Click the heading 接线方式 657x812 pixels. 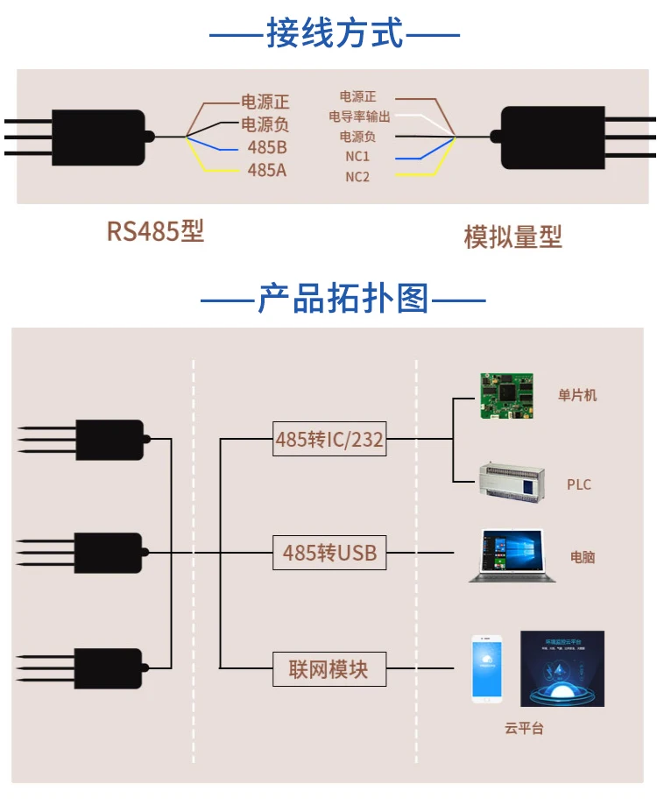click(x=335, y=35)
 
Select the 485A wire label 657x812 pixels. click(x=267, y=170)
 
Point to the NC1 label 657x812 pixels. click(x=357, y=157)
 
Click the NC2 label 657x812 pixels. click(x=357, y=177)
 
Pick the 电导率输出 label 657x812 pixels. click(x=359, y=117)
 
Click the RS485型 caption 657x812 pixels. click(x=155, y=231)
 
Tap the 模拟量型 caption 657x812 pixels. click(x=512, y=237)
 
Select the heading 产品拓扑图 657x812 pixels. click(x=343, y=300)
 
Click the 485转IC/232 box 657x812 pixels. click(x=329, y=439)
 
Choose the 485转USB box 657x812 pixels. click(x=329, y=553)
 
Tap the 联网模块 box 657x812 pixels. click(x=328, y=670)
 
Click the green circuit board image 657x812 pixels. click(x=505, y=397)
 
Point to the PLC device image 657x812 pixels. click(x=506, y=480)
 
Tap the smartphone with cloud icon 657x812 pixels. click(x=487, y=667)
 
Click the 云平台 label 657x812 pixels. click(x=524, y=728)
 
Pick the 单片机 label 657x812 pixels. click(x=577, y=395)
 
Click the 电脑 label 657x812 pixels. click(x=583, y=556)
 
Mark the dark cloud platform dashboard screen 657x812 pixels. click(x=562, y=668)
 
